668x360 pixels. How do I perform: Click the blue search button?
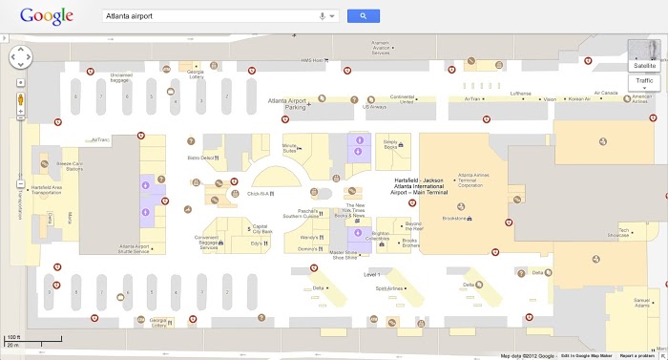(x=364, y=16)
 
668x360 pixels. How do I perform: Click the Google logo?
(x=42, y=16)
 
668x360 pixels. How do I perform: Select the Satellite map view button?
(x=645, y=65)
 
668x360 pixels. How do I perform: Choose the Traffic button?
(x=645, y=82)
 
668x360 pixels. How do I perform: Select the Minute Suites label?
(x=291, y=146)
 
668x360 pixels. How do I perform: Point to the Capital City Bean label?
(x=261, y=230)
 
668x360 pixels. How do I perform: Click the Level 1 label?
(x=372, y=274)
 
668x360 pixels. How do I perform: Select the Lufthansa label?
(x=520, y=94)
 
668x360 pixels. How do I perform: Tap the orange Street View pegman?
(x=19, y=98)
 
